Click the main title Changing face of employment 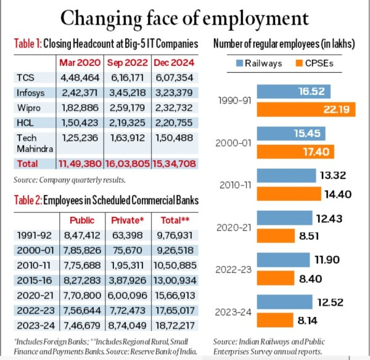tap(185, 17)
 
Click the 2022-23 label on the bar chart tap(234, 269)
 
